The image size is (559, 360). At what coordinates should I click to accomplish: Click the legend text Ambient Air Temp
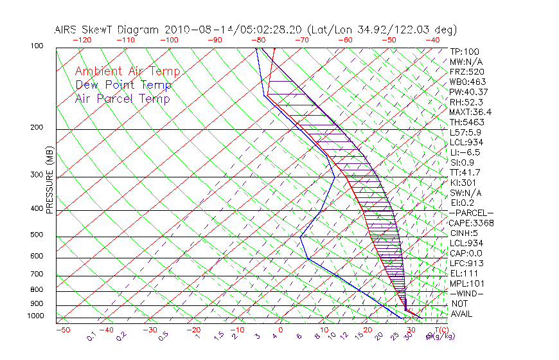[x=127, y=71]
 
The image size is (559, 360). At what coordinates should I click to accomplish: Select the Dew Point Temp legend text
[x=123, y=85]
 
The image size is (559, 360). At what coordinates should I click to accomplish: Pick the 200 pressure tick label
[x=37, y=127]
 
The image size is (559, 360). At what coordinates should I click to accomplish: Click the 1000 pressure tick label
[x=35, y=316]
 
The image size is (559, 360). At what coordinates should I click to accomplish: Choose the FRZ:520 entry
[x=467, y=71]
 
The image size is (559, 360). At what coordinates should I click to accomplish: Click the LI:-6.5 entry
[x=465, y=152]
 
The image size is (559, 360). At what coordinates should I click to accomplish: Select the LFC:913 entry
[x=466, y=263]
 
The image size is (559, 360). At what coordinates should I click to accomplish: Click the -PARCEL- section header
[x=471, y=213]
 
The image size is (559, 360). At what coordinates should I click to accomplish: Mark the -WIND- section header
[x=467, y=293]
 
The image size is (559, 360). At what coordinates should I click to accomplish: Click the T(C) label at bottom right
[x=438, y=330]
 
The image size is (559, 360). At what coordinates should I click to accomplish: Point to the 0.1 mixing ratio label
[x=91, y=336]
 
